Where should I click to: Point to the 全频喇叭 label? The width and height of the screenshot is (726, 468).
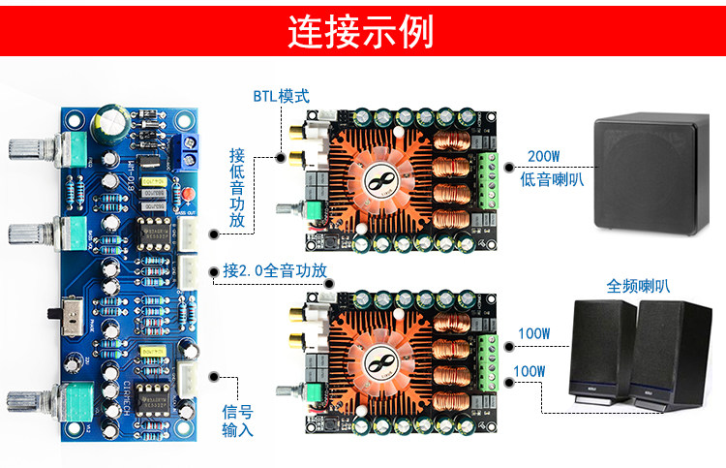[638, 286]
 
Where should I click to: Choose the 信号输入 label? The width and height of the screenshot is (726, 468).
[237, 421]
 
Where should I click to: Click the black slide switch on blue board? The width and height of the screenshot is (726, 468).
[56, 313]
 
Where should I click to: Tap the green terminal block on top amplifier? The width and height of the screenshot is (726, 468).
[488, 179]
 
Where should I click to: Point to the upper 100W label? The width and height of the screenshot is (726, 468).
[531, 334]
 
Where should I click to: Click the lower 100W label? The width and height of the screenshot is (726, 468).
[529, 371]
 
